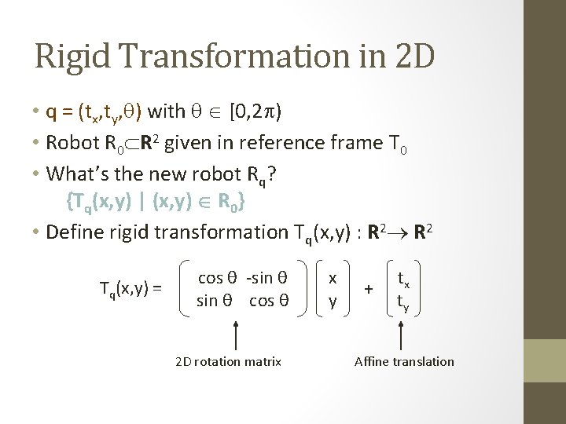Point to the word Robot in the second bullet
point(72,143)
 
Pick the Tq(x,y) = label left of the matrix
point(130,288)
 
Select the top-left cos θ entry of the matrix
point(218,278)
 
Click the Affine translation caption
point(404,361)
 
